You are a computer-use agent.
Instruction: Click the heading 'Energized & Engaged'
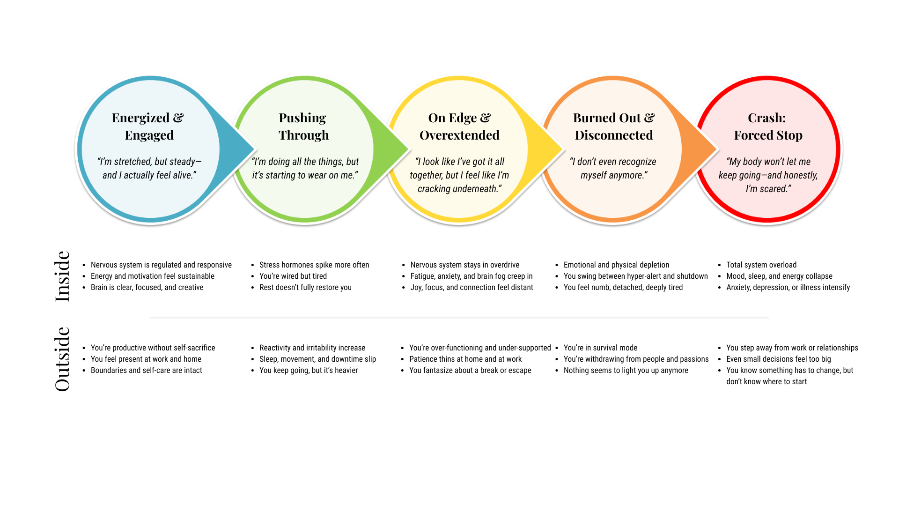148,126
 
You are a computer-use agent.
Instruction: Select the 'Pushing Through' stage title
303,126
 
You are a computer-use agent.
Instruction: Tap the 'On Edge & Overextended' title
459,126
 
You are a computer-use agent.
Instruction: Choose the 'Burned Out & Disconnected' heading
614,126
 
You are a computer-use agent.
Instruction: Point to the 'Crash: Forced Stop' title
768,126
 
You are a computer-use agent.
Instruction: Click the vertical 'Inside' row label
62,276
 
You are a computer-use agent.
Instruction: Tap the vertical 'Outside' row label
62,359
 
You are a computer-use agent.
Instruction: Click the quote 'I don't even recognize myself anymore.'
613,168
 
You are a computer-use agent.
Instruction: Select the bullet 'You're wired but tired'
293,276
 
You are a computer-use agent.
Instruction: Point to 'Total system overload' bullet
761,265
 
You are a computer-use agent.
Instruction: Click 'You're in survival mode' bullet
600,348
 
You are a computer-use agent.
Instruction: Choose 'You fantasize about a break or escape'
470,371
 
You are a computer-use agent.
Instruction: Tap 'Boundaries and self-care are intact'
147,371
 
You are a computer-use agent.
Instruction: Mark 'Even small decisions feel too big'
779,359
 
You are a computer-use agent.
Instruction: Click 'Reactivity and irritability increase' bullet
312,348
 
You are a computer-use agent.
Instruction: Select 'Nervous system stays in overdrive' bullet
465,265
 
